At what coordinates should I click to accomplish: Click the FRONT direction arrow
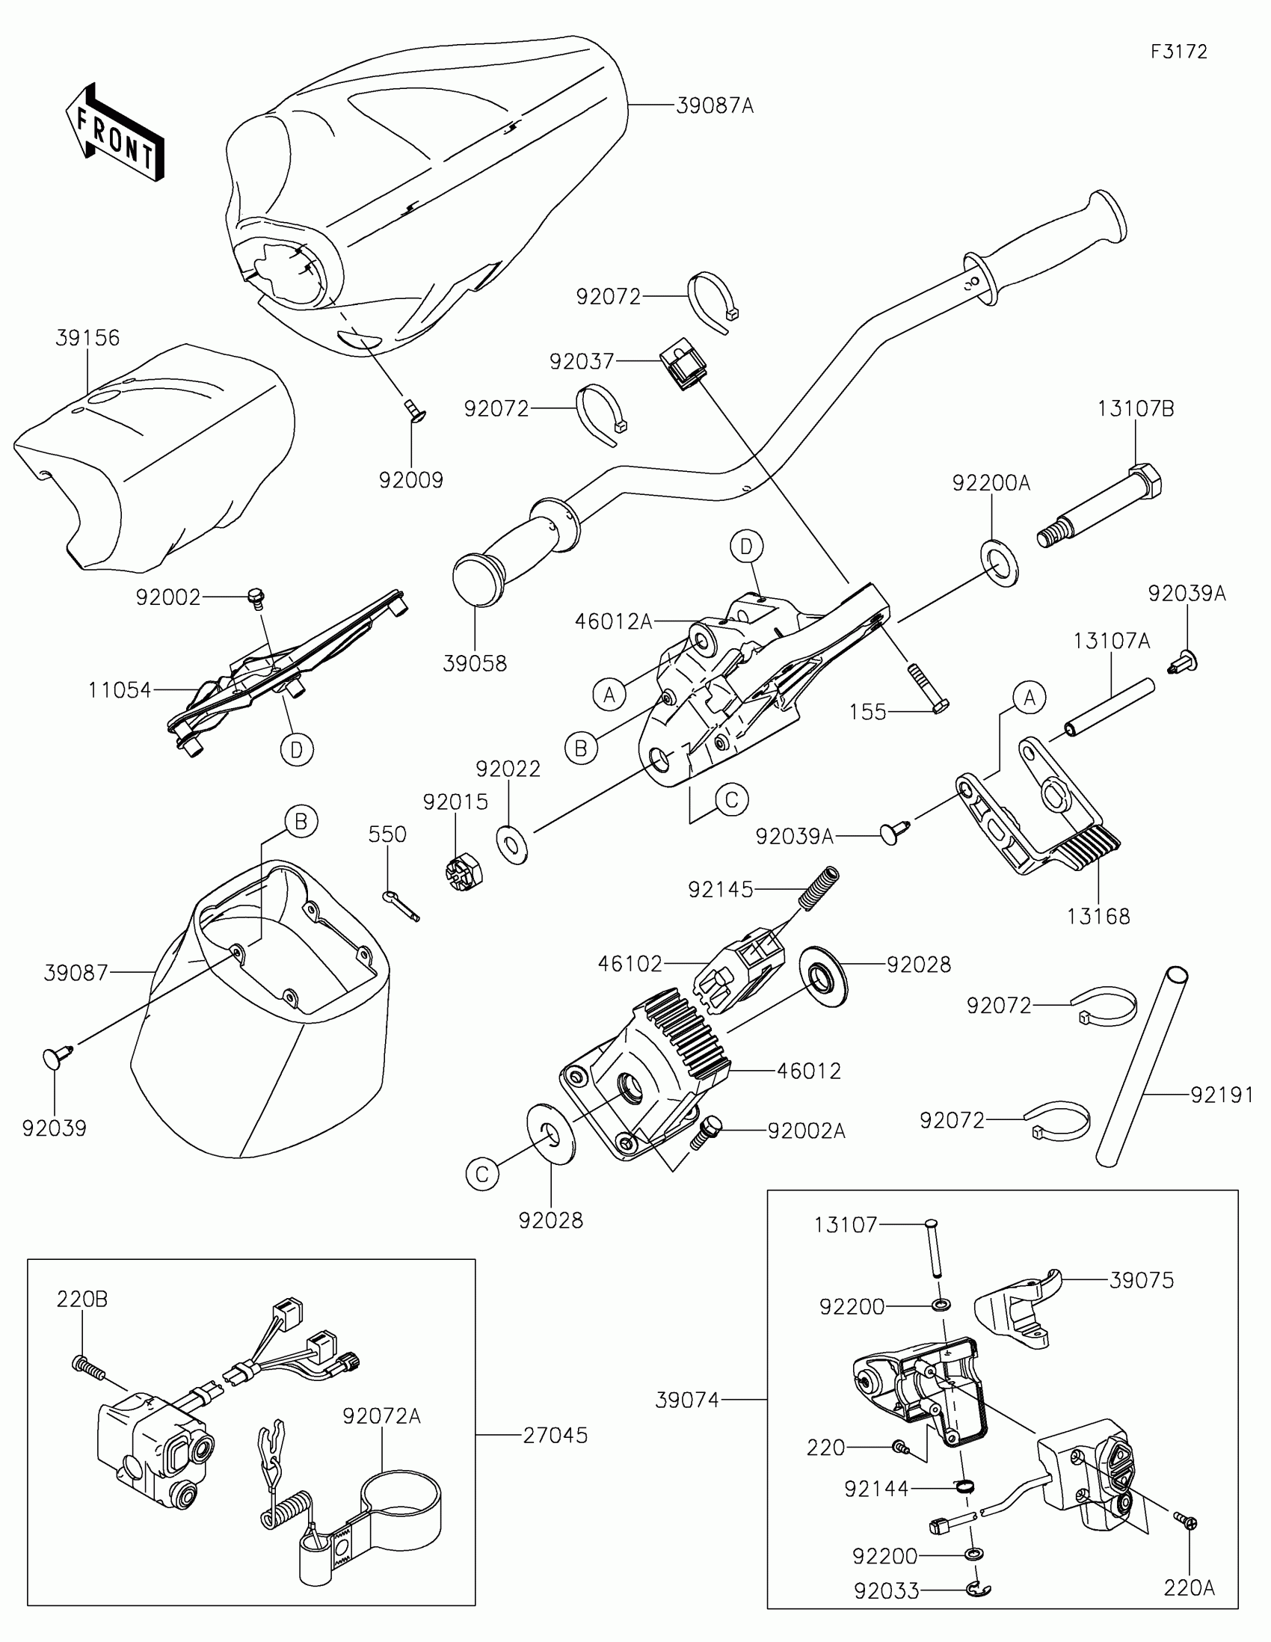point(114,132)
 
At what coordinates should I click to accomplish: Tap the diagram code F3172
point(1178,52)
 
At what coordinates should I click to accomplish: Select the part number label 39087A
point(714,106)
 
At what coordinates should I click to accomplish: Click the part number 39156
point(87,338)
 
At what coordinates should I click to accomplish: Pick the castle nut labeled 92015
point(464,870)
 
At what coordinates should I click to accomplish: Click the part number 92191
point(1222,1095)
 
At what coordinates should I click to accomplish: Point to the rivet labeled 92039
point(56,1056)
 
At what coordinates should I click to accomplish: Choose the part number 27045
point(555,1435)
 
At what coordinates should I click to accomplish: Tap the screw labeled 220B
point(89,1366)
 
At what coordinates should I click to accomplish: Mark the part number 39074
point(687,1400)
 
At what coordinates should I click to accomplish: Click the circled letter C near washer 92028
point(482,1175)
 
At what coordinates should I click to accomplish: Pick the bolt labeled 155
point(927,688)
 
